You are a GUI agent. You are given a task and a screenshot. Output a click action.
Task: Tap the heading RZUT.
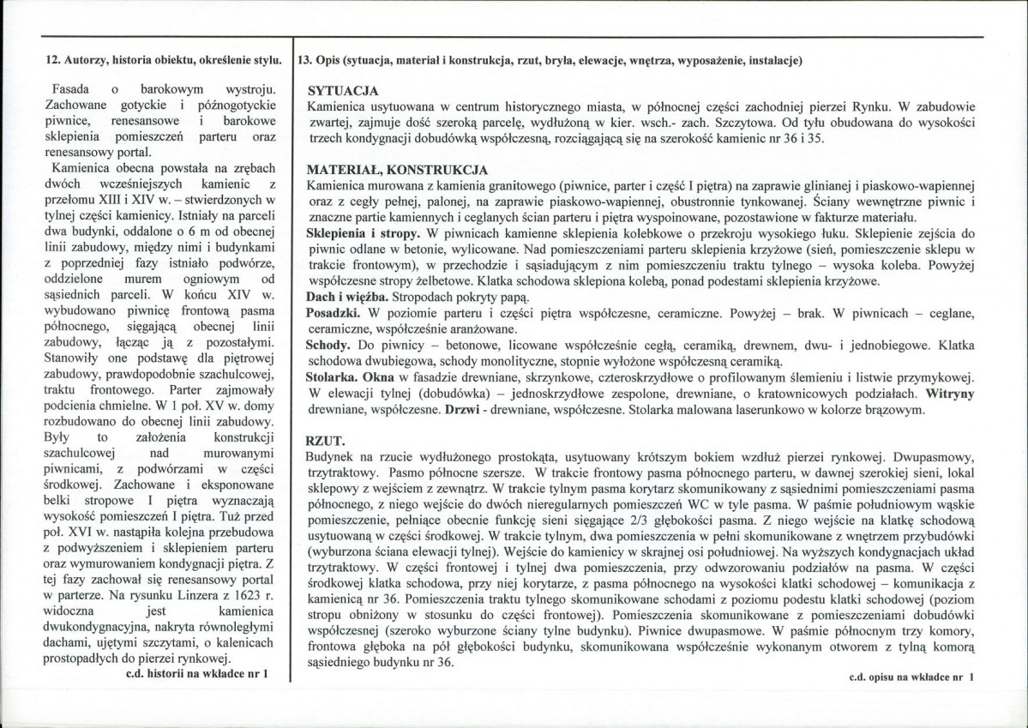tap(325, 441)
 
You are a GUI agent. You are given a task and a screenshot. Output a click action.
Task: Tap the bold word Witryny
tap(949, 394)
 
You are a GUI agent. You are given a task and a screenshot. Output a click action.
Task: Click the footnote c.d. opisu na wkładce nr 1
tap(911, 677)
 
